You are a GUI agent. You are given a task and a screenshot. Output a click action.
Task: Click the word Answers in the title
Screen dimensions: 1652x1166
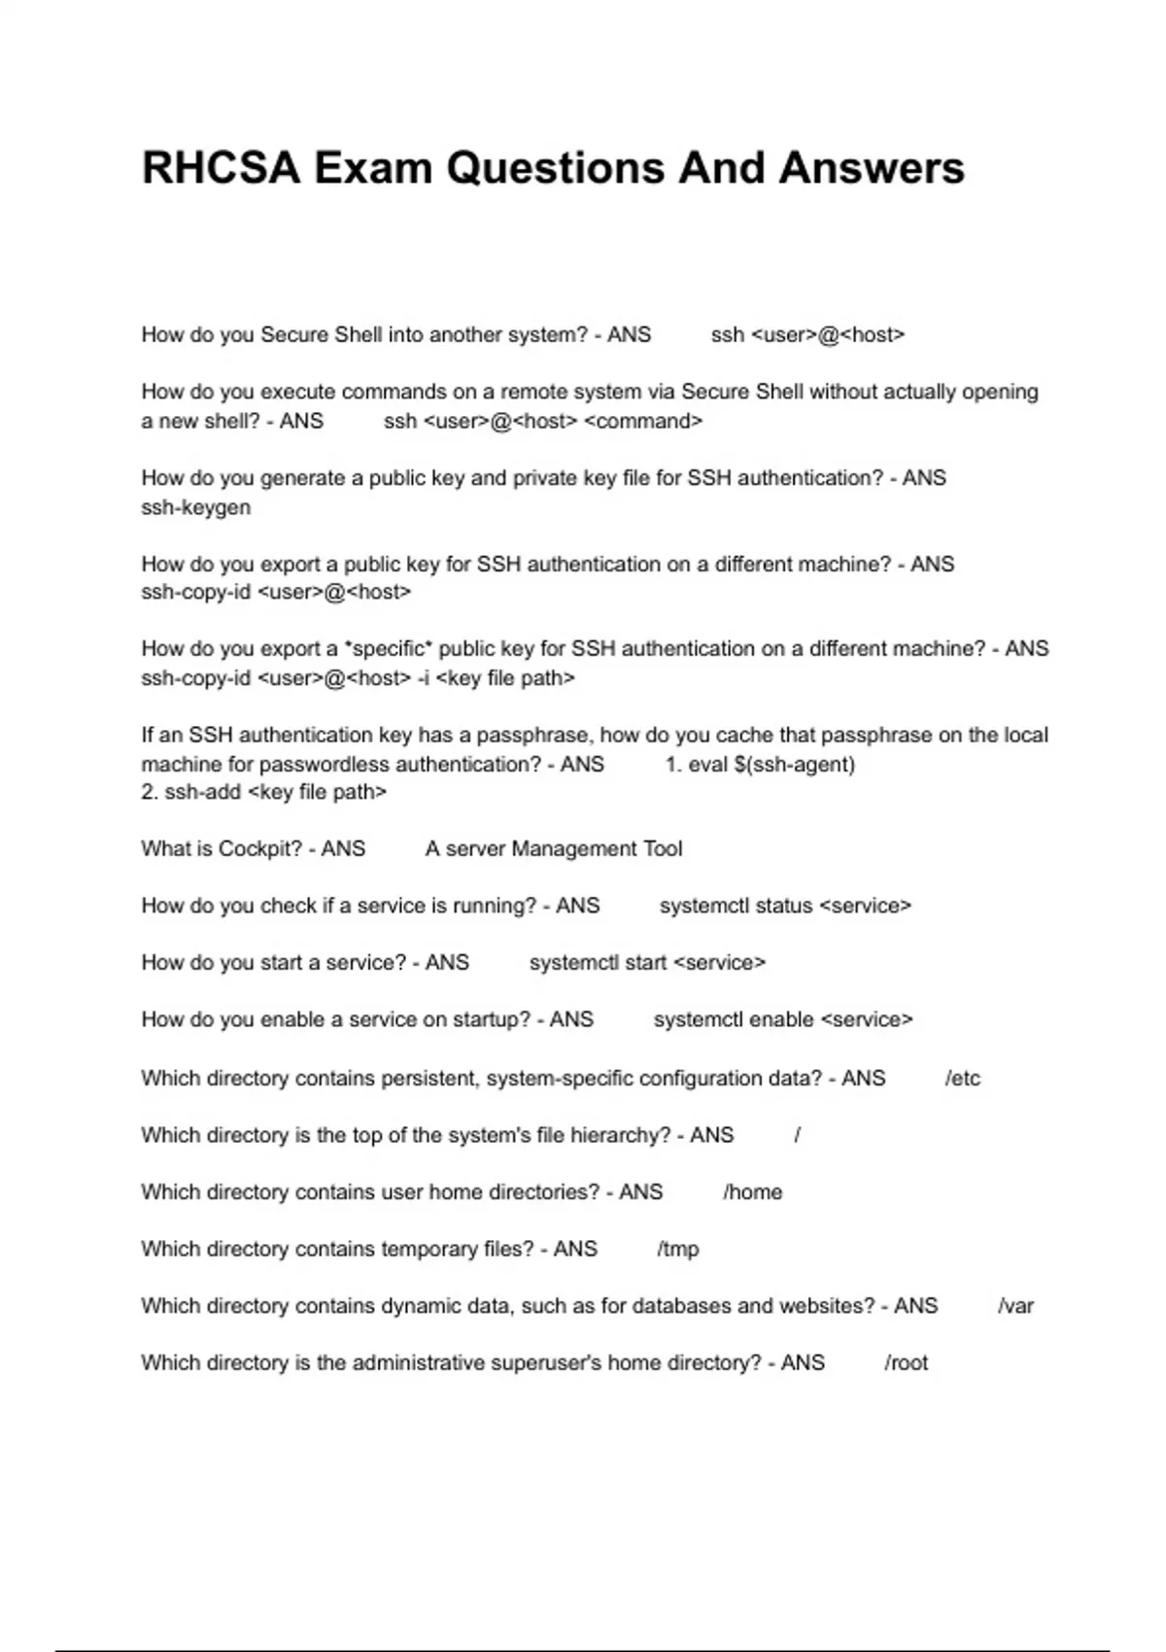click(x=871, y=168)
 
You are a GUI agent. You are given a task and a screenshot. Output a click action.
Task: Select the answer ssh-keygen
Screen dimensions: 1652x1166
click(x=195, y=507)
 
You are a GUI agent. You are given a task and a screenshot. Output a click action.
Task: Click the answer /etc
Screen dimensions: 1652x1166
click(x=962, y=1079)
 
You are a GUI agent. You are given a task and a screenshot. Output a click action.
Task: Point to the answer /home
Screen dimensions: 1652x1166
click(x=752, y=1192)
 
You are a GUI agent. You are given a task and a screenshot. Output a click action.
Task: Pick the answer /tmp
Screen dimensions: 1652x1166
click(x=677, y=1249)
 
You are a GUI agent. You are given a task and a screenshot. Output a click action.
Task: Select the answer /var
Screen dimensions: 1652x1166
click(x=1015, y=1306)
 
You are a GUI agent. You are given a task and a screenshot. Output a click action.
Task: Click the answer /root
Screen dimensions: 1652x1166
click(x=906, y=1363)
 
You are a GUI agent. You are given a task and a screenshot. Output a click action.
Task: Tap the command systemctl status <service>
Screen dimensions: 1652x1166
click(x=785, y=906)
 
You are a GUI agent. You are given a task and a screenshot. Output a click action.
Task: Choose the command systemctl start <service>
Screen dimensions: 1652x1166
click(x=647, y=963)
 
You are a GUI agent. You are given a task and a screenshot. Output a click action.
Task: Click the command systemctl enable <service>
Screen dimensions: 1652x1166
click(x=783, y=1020)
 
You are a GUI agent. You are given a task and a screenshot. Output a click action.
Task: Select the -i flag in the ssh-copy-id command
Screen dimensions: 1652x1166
click(x=423, y=678)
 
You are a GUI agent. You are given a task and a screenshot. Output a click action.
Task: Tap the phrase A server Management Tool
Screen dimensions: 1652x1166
click(x=554, y=849)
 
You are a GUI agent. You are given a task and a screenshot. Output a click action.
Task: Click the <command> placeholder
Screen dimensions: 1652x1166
click(x=643, y=422)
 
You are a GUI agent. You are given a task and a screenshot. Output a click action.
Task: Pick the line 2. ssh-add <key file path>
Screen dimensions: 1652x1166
click(x=263, y=792)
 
